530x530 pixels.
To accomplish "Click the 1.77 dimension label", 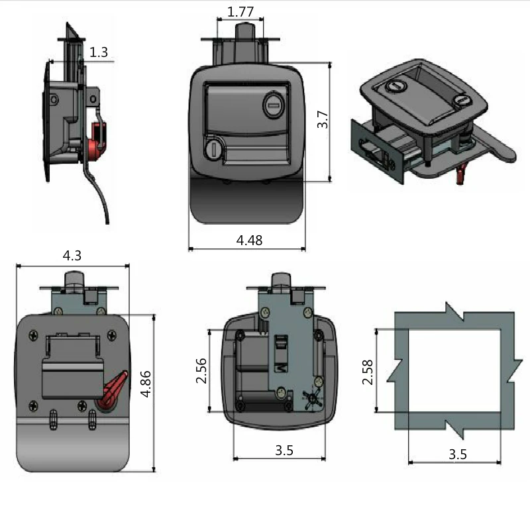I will [240, 12].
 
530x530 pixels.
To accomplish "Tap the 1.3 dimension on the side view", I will [99, 52].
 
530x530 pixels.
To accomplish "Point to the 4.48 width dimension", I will [249, 240].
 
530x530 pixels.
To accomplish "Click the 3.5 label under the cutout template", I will [458, 454].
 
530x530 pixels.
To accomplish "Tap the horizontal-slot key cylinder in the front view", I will [273, 105].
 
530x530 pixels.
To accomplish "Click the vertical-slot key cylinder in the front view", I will [212, 148].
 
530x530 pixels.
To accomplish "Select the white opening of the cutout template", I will [454, 371].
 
